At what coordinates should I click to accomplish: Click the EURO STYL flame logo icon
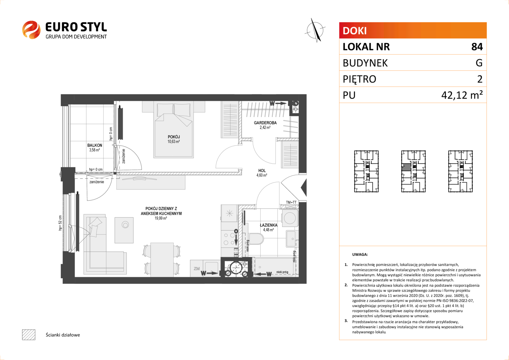31,30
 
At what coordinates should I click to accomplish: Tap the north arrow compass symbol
315,30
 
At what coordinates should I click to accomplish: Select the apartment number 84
477,47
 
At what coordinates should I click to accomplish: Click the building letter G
479,63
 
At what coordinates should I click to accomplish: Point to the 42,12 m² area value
462,95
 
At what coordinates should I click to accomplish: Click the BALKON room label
95,145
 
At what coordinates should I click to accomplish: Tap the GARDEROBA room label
265,123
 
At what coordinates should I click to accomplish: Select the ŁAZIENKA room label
268,225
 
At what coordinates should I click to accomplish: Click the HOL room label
262,171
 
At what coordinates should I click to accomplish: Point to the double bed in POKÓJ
174,129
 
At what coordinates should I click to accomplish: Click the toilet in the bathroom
256,239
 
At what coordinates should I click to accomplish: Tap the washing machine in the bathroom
290,218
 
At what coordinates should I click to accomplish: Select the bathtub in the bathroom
275,267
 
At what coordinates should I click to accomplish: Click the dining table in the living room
162,260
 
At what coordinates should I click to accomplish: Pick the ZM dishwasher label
197,269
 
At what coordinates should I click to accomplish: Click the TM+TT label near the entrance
291,202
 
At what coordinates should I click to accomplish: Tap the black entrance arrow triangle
304,188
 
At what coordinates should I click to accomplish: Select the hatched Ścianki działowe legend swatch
29,335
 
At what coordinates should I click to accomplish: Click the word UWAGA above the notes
360,254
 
